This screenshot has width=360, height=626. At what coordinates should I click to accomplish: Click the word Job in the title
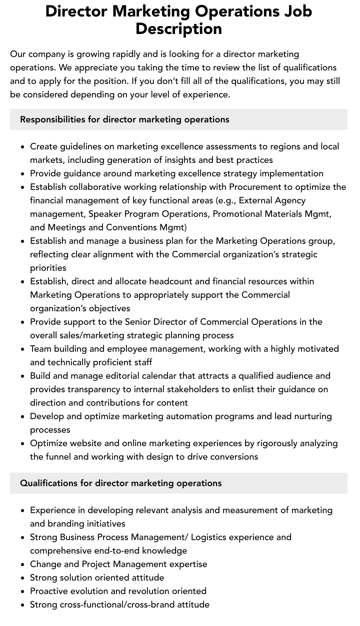pyautogui.click(x=295, y=11)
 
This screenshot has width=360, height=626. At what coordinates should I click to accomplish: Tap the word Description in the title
pyautogui.click(x=179, y=28)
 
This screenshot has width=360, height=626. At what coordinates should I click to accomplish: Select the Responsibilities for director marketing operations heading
pyautogui.click(x=124, y=119)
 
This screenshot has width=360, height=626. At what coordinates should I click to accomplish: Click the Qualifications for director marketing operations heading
pyautogui.click(x=120, y=483)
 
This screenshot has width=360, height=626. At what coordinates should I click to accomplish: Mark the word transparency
pyautogui.click(x=91, y=389)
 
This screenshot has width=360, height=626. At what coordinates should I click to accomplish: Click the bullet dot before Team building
pyautogui.click(x=22, y=349)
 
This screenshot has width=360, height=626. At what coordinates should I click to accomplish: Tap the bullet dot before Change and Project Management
pyautogui.click(x=22, y=565)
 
